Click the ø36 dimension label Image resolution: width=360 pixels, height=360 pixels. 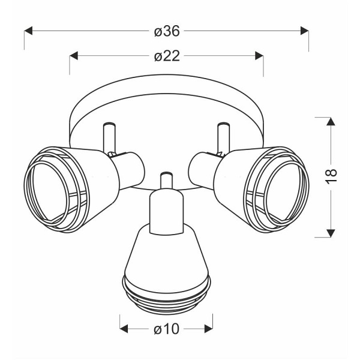click(x=167, y=31)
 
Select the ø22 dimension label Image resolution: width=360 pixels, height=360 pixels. click(x=167, y=56)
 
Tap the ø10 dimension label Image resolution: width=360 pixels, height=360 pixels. click(x=166, y=329)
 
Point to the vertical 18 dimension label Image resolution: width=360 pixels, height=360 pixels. click(x=331, y=176)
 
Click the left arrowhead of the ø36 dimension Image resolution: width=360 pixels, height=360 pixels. click(x=28, y=31)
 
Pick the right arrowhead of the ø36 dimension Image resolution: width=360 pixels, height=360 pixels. click(x=304, y=31)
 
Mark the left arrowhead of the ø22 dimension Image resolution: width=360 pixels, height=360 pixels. click(x=74, y=56)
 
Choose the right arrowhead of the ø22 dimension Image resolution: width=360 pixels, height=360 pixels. click(x=259, y=56)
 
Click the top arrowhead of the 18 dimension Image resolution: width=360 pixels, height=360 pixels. click(x=331, y=121)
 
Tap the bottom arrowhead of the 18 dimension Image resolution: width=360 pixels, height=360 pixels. click(x=331, y=233)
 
